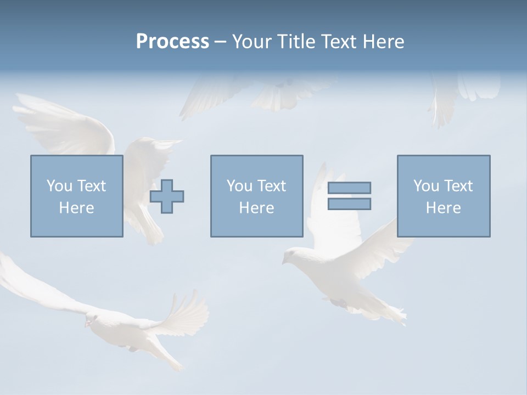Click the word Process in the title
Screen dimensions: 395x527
[172, 42]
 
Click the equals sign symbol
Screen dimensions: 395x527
[349, 196]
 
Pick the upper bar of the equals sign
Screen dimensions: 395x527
[349, 188]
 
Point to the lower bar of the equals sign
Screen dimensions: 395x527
[349, 204]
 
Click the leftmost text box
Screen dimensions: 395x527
[77, 196]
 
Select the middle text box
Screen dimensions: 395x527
[256, 196]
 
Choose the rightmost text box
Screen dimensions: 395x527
[444, 196]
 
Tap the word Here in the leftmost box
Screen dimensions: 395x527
[76, 208]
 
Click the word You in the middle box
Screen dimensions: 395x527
[239, 186]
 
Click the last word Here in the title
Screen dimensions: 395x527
[382, 42]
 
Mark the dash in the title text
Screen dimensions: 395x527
[221, 42]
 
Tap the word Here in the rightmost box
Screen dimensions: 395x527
[443, 208]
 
